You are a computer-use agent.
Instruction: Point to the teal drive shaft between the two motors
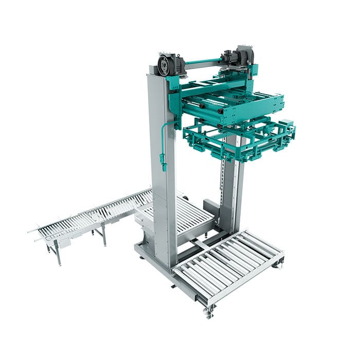203,62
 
